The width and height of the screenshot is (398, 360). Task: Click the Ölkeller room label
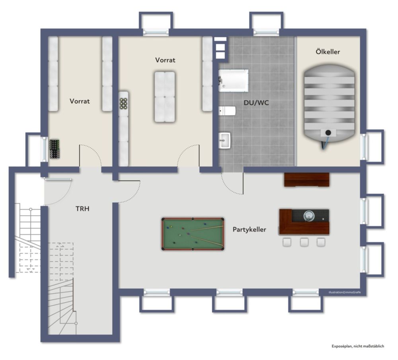[x=328, y=52]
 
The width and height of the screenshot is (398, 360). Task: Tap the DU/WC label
[x=256, y=103]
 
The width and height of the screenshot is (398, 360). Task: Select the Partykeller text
[x=250, y=230]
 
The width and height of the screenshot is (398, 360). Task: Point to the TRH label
[x=82, y=209]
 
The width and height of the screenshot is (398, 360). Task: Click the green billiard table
[x=193, y=234]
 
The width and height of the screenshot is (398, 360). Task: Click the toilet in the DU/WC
[x=227, y=111]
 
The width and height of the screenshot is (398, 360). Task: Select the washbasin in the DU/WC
[x=224, y=140]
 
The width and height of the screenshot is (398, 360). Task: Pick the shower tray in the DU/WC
[x=234, y=80]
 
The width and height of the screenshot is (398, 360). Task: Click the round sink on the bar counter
[x=309, y=216]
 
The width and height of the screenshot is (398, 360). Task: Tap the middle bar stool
[x=304, y=242]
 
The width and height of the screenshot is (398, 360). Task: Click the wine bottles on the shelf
[x=124, y=104]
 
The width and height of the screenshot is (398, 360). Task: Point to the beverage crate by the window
[x=55, y=149]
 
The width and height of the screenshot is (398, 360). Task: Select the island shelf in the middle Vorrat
[x=165, y=97]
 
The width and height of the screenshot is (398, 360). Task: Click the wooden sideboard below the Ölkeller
[x=306, y=180]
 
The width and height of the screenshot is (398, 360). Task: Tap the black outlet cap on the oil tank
[x=328, y=132]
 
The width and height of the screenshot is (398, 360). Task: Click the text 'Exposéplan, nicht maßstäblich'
[x=358, y=346]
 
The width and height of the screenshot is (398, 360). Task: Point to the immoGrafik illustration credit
[x=344, y=292]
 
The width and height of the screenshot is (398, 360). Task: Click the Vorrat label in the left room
[x=80, y=101]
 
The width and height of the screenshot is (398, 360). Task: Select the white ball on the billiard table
[x=180, y=235]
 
